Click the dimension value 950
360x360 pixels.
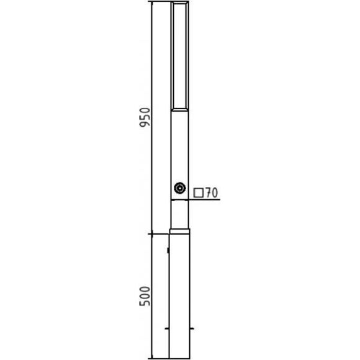(145, 117)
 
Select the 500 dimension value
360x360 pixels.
(145, 296)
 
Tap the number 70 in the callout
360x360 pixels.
(211, 192)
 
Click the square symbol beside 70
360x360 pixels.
(199, 193)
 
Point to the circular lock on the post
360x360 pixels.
(180, 188)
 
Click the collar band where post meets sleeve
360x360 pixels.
(180, 231)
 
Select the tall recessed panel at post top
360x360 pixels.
(180, 56)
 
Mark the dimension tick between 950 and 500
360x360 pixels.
(152, 234)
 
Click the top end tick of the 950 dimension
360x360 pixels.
(152, 1)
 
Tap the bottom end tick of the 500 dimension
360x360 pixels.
(152, 358)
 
